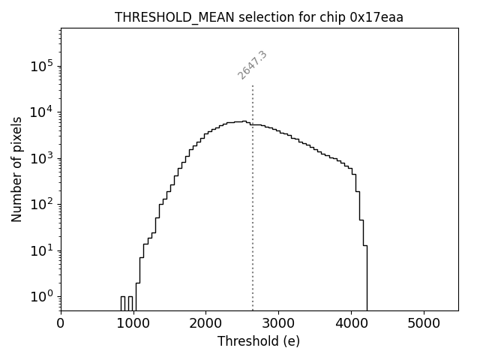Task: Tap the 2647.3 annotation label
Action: coord(253,65)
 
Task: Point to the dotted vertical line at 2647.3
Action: coord(253,195)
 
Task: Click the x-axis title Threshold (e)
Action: coord(259,341)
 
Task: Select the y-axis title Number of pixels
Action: coord(16,169)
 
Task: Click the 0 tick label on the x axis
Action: coord(61,324)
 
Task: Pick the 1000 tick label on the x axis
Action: coord(133,324)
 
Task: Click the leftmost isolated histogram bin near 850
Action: coord(123,303)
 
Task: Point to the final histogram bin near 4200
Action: coord(365,277)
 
